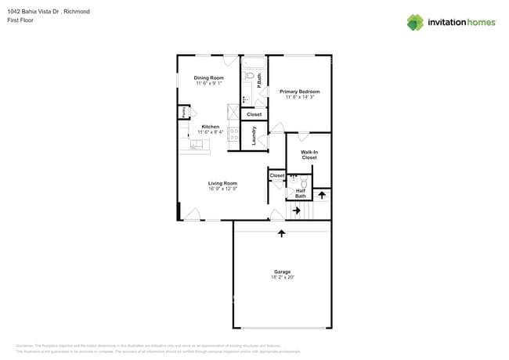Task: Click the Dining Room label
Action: coord(209,77)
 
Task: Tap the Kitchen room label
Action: coord(210,127)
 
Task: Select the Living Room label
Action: coord(222,183)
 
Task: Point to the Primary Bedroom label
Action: coord(299,92)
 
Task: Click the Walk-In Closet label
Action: coord(309,154)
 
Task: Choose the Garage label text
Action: coord(281,272)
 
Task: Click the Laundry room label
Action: coord(254,136)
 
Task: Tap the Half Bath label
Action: coord(300,193)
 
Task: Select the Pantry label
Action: coord(183,112)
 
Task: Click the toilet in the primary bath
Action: coord(247,77)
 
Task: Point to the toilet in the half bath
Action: coord(304,182)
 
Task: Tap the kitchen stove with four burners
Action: coord(233,134)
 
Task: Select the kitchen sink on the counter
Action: coord(196,144)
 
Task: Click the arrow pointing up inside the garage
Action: coord(281,233)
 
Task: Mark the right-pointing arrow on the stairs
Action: coord(296,210)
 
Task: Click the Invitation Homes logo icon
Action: coord(414,22)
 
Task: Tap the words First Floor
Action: coord(20,20)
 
